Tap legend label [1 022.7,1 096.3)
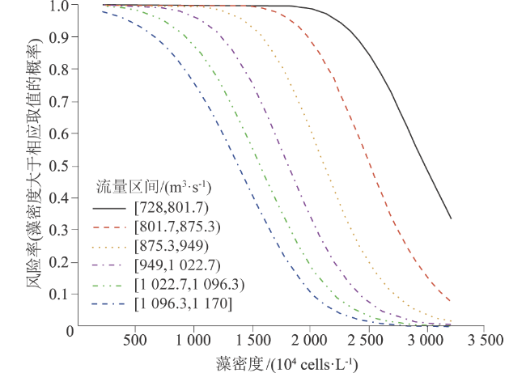point(188,284)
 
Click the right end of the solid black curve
point(451,218)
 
